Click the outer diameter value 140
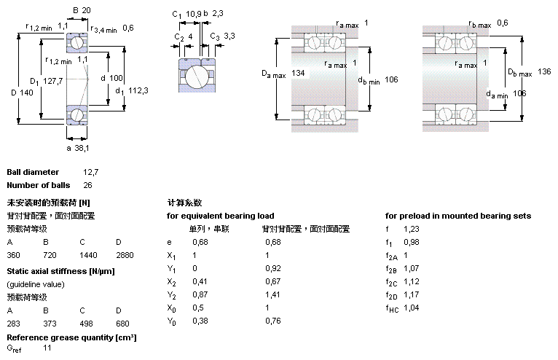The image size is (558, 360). point(28,93)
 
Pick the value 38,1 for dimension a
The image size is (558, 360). point(83,148)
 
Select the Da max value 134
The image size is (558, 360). point(298,74)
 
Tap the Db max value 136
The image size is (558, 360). point(544,71)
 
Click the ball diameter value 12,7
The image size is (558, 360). point(90,172)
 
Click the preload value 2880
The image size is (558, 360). point(124,256)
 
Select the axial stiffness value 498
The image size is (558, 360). point(87,323)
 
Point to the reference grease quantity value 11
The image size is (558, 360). point(47,349)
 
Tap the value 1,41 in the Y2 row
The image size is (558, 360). point(272,295)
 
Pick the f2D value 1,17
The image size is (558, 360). point(412,295)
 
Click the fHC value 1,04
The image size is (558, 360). point(412,308)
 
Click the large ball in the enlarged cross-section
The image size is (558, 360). point(195,75)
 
